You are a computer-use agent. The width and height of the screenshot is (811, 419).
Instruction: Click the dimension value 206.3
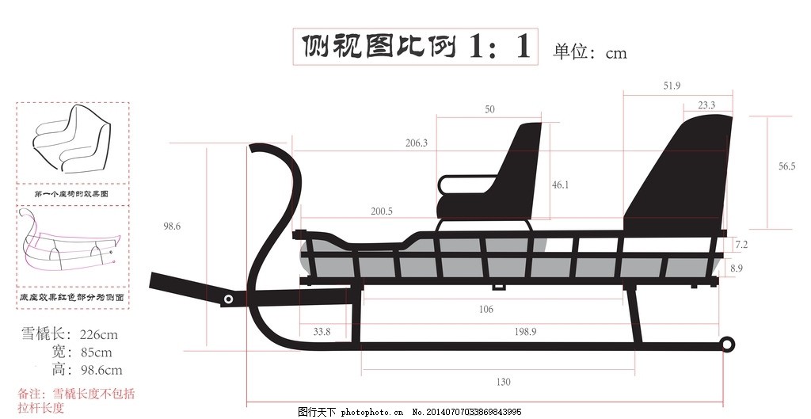[416, 143]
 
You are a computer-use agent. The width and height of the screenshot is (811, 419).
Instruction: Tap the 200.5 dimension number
[381, 211]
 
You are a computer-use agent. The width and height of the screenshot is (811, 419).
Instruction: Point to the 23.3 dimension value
[706, 105]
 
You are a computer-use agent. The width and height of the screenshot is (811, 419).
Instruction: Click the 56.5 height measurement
[786, 166]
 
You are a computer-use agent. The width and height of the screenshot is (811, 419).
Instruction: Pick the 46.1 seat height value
[561, 185]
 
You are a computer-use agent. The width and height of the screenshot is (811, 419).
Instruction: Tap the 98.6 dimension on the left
[172, 226]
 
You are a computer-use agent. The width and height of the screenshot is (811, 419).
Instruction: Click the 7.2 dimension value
[741, 244]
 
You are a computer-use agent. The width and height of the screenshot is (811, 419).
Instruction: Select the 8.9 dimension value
[737, 269]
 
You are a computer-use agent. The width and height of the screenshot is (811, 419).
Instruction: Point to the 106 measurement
[485, 309]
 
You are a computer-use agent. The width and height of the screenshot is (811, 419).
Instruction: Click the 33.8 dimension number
[322, 330]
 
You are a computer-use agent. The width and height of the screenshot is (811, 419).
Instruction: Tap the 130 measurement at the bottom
[503, 382]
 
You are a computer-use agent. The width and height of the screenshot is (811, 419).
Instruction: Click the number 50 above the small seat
[489, 109]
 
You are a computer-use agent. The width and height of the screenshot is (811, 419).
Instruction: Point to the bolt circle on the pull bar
[229, 299]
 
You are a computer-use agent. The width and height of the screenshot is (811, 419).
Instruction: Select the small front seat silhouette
[499, 178]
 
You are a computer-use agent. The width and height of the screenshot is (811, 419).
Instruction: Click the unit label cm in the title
[616, 53]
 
